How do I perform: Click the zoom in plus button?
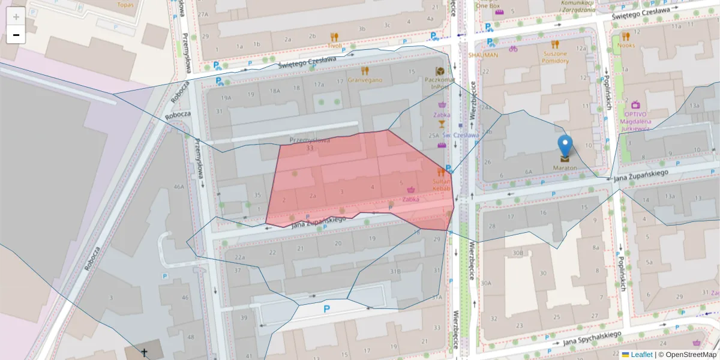tap(16, 16)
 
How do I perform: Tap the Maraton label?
tap(565, 167)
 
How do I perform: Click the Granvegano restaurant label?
tap(365, 79)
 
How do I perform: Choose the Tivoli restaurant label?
tap(335, 45)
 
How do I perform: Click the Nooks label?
tap(626, 45)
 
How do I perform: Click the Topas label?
tap(125, 5)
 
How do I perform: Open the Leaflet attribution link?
tap(641, 355)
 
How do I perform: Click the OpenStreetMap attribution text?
tap(688, 355)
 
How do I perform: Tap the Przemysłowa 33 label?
tap(310, 144)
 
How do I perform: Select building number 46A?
tap(179, 187)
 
